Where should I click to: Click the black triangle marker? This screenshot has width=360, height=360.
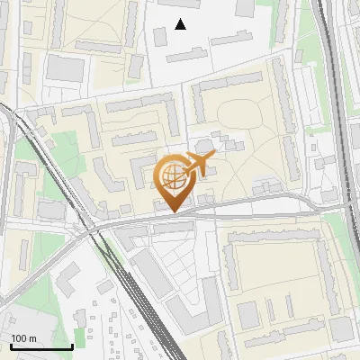click(180, 24)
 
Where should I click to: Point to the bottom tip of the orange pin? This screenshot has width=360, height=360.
click(172, 212)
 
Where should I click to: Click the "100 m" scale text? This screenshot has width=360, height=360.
click(23, 338)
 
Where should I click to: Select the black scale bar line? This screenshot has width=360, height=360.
click(41, 346)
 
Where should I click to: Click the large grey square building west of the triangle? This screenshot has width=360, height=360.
click(64, 67)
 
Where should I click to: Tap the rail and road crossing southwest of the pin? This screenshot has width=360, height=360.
click(94, 229)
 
